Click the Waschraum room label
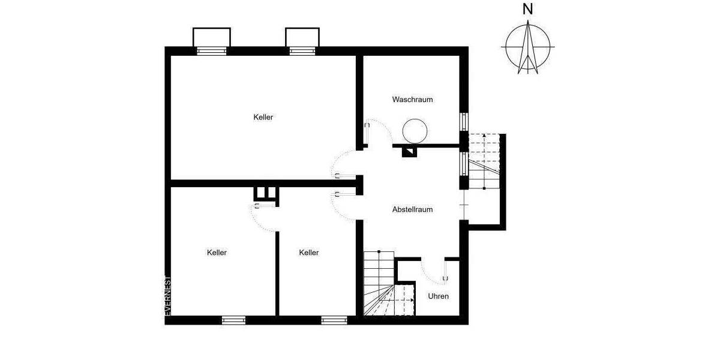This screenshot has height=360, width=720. click(412, 99)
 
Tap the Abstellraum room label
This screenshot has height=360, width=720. click(412, 209)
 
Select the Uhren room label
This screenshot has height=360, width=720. click(438, 296)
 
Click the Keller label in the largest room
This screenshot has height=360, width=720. click(263, 117)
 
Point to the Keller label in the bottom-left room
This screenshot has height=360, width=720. click(217, 253)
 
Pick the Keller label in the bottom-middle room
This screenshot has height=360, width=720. click(308, 253)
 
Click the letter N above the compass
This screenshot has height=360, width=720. click(527, 9)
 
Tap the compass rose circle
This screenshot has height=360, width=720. click(528, 47)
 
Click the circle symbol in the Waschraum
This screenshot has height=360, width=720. click(415, 130)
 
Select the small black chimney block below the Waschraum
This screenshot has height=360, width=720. click(410, 151)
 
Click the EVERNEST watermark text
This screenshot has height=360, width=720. click(169, 295)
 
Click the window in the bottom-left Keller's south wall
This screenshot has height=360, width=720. click(233, 320)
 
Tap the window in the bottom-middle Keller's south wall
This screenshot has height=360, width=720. click(334, 320)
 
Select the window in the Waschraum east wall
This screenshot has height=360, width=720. click(463, 121)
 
